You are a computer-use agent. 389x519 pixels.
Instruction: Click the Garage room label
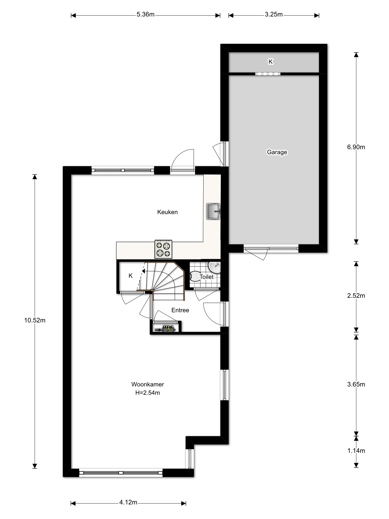click(x=277, y=152)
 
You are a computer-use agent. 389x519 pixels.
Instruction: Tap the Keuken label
click(x=167, y=212)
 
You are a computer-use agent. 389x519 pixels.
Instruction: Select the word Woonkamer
click(x=147, y=384)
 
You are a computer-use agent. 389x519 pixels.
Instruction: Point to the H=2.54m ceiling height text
click(x=147, y=393)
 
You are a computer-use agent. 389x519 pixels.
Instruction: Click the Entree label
click(x=180, y=310)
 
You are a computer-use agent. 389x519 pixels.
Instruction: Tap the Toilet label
click(x=206, y=277)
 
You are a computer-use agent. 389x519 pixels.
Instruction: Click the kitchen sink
click(x=213, y=211)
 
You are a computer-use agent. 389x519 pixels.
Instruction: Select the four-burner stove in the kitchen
click(x=163, y=249)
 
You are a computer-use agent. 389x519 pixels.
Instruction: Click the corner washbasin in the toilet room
click(x=215, y=267)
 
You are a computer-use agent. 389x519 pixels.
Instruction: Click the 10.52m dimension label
click(x=35, y=320)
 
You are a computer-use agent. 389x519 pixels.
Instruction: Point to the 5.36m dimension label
click(x=146, y=14)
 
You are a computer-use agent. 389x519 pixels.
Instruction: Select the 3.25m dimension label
click(x=274, y=14)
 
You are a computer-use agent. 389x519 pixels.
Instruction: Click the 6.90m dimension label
click(x=356, y=147)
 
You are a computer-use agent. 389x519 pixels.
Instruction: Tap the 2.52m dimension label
click(x=356, y=296)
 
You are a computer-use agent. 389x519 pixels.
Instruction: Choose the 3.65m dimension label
click(x=356, y=384)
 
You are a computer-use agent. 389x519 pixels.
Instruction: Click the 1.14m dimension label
click(x=356, y=451)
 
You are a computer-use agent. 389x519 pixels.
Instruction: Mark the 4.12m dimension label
click(x=128, y=502)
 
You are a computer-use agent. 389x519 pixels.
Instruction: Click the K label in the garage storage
click(x=271, y=62)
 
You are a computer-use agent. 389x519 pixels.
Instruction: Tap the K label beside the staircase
click(x=131, y=276)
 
